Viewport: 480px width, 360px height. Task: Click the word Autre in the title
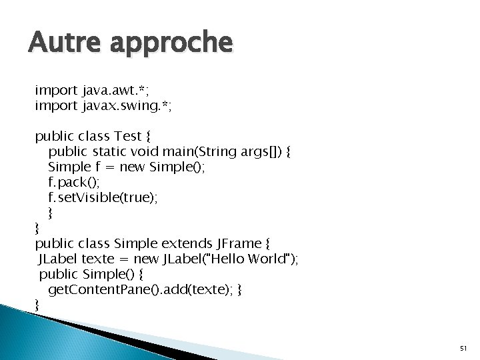tap(60, 44)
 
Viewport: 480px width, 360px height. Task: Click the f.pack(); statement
tap(73, 181)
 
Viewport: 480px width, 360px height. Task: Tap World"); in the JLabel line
tap(273, 259)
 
